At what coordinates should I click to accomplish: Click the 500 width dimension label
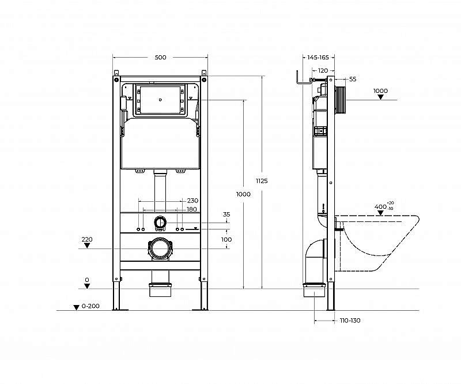click(160, 57)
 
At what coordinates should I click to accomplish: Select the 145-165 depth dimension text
click(318, 57)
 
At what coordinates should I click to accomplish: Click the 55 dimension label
click(353, 79)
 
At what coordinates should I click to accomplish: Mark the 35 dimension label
click(226, 214)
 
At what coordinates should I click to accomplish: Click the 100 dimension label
click(226, 239)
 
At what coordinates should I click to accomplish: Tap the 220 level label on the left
click(87, 239)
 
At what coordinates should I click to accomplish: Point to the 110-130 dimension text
click(350, 321)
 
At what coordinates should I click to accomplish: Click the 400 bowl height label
click(380, 206)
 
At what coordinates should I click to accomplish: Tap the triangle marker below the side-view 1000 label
click(380, 97)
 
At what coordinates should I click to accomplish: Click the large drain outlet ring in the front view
click(160, 249)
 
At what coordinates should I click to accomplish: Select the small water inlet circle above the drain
click(160, 222)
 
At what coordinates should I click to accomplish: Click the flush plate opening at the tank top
click(160, 100)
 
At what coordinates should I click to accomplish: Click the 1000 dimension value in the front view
click(244, 194)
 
